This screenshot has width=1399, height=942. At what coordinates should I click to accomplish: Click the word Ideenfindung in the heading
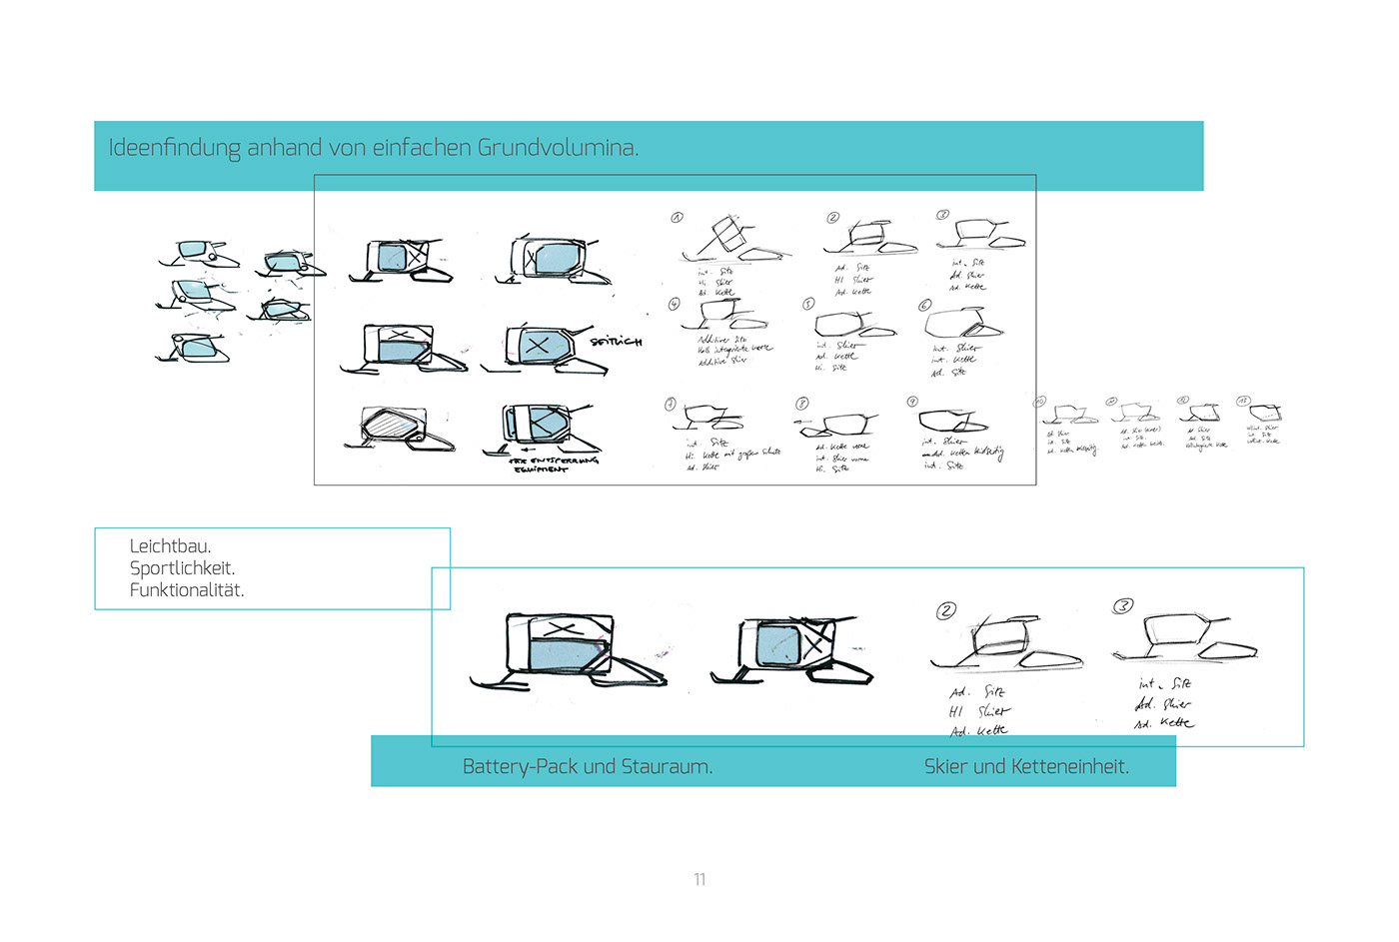point(174,148)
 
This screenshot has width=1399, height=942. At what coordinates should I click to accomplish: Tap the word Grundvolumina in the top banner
point(557,148)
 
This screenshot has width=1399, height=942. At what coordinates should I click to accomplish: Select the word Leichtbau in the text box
point(170,546)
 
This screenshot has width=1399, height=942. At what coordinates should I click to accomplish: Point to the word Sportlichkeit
point(182,568)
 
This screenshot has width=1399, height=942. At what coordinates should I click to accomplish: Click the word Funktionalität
point(186,590)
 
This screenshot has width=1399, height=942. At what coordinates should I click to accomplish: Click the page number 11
point(699,879)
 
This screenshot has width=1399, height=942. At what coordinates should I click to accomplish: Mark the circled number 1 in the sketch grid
point(677,217)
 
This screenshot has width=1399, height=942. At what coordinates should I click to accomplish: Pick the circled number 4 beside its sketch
point(675,303)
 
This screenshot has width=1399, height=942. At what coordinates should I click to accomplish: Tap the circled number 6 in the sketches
point(924,305)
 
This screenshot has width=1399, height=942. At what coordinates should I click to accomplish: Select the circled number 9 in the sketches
point(912,402)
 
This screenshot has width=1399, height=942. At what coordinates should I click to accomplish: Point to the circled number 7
point(671,404)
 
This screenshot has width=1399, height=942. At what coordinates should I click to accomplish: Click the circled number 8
point(801,404)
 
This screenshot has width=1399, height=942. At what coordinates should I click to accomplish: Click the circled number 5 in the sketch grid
point(808,304)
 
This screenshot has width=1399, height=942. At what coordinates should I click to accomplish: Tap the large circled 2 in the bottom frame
point(946,610)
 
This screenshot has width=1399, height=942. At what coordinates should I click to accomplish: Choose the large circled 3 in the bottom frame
point(1123,606)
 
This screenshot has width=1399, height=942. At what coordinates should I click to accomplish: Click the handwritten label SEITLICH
point(616,342)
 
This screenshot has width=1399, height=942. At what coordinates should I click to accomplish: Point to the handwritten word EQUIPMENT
point(541,469)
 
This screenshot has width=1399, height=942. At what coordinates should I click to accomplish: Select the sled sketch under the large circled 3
point(1183,639)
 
